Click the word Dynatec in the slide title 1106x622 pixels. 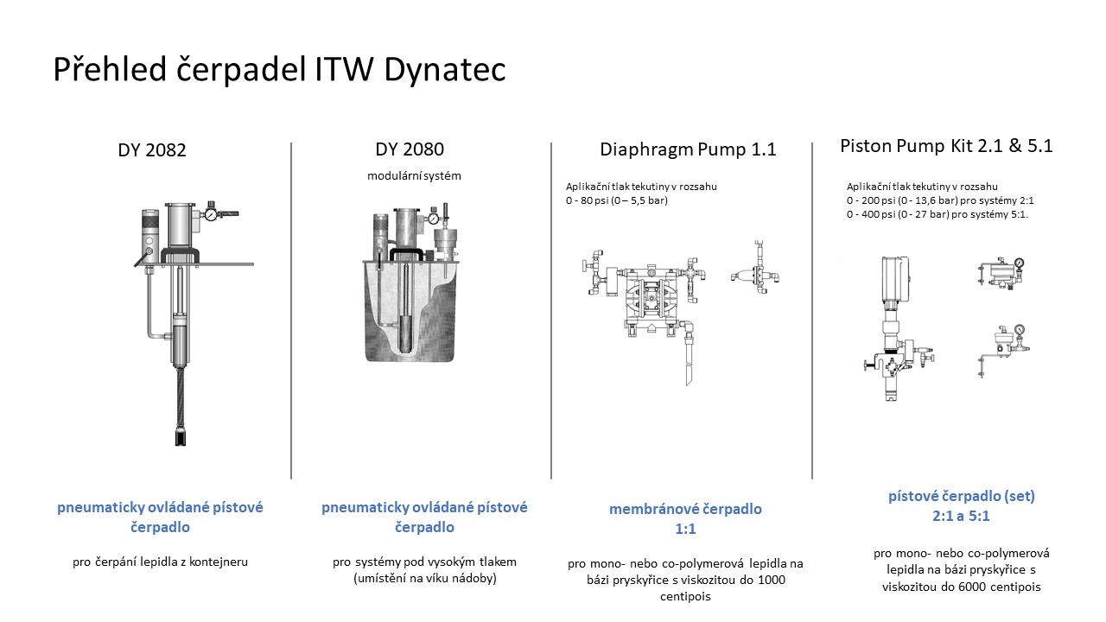click(445, 69)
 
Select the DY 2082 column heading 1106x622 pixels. click(152, 150)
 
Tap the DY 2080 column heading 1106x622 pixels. click(410, 149)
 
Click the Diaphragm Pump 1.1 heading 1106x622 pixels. click(688, 149)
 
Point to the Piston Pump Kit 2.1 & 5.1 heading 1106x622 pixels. click(946, 146)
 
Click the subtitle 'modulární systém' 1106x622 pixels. click(414, 175)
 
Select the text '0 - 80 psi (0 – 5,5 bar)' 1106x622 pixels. click(617, 200)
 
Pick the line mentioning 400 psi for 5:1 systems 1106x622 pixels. click(938, 214)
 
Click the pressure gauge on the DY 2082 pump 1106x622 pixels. click(212, 215)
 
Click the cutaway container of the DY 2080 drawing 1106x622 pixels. click(410, 311)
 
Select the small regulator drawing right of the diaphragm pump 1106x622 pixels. click(755, 268)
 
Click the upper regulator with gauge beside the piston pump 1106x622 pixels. click(1001, 272)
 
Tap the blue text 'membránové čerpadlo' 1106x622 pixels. click(685, 509)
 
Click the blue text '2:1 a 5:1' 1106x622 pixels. click(961, 516)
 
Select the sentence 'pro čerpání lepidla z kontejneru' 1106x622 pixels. click(160, 562)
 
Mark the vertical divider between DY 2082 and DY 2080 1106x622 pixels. click(291, 311)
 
